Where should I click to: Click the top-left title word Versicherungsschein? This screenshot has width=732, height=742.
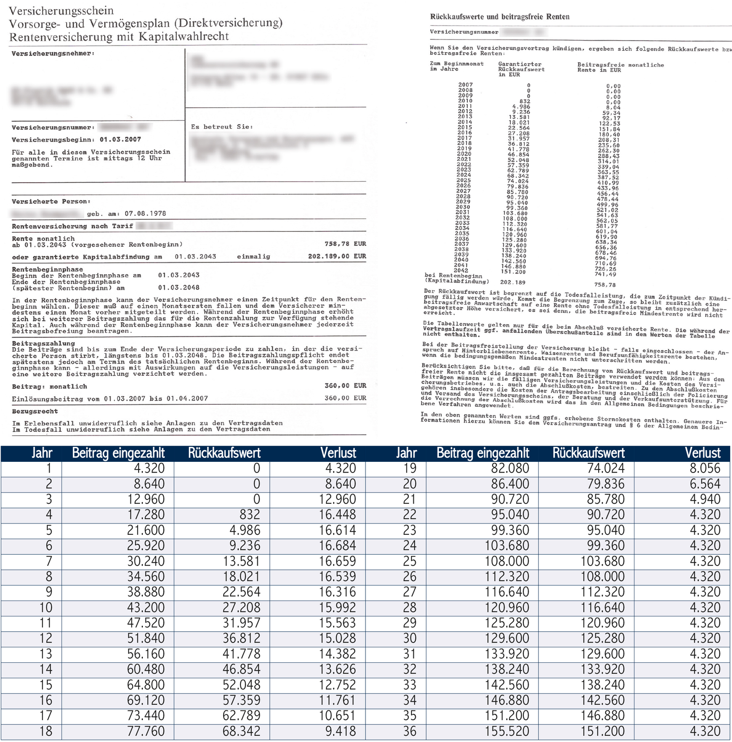coord(61,11)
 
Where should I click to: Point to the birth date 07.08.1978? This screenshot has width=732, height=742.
coord(145,214)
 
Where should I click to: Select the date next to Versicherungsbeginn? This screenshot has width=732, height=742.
coord(120,140)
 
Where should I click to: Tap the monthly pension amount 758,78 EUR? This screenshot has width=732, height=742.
coord(345,244)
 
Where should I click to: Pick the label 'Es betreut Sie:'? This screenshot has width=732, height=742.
coord(222,127)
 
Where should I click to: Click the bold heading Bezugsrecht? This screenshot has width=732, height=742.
coord(35,412)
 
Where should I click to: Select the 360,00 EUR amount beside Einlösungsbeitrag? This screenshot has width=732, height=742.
coord(345,398)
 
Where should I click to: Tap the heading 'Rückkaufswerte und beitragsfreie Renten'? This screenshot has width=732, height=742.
coord(500,17)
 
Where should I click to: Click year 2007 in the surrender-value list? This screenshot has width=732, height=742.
coord(465,85)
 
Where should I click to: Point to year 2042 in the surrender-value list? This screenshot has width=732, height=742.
coord(461,271)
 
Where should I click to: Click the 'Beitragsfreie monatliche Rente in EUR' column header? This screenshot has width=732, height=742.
coord(620,68)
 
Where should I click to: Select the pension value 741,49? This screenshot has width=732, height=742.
coord(605,274)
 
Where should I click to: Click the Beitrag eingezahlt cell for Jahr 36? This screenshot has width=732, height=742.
coord(507,731)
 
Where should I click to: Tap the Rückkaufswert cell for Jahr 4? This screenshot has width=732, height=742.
coord(250,515)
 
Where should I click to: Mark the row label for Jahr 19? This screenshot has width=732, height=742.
coord(409,469)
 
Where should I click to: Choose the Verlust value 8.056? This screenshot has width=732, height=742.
coord(705,469)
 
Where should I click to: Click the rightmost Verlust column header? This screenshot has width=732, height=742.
coord(703,453)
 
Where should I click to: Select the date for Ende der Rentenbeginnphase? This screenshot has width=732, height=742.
coord(179,288)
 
